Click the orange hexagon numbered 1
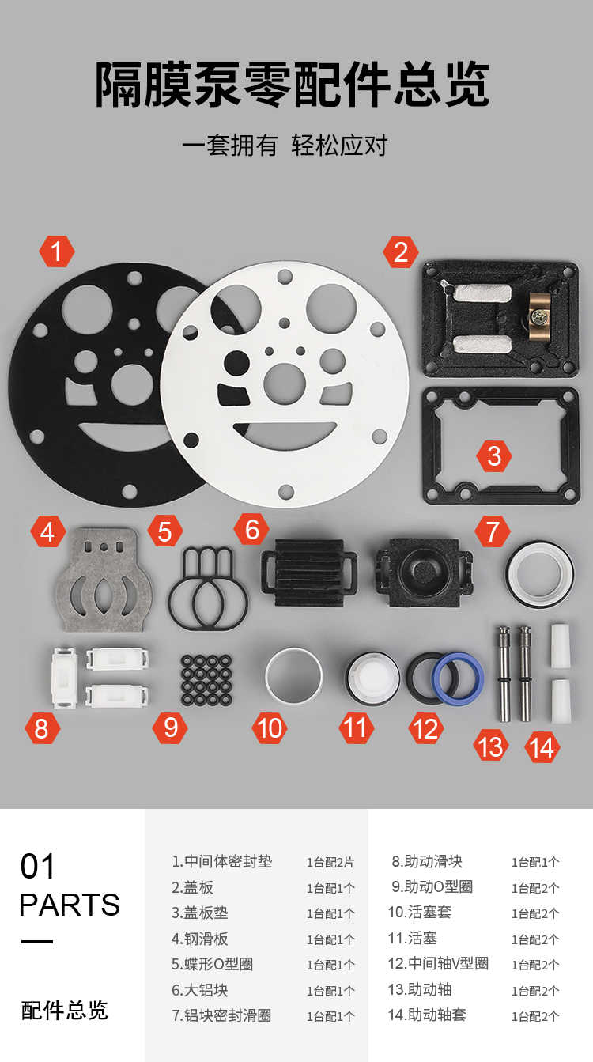tap(57, 251)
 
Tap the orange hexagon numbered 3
tap(494, 456)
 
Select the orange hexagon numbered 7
tap(493, 531)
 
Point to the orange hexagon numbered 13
tap(491, 747)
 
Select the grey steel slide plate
tap(104, 580)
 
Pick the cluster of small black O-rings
tap(206, 679)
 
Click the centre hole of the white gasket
tap(285, 384)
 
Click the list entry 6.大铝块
tap(199, 990)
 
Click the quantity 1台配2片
tap(330, 862)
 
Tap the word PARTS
tap(70, 905)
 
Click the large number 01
tap(37, 866)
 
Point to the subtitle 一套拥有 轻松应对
tap(285, 145)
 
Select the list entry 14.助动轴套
tap(427, 1015)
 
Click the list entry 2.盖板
tap(192, 887)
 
